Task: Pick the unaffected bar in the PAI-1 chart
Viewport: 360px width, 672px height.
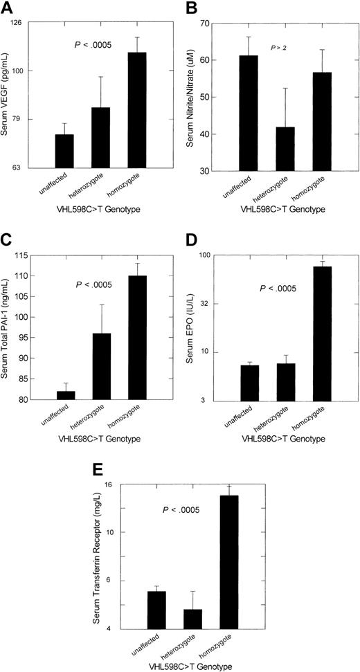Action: (66, 395)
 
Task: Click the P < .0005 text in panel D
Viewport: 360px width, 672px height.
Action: (278, 288)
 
